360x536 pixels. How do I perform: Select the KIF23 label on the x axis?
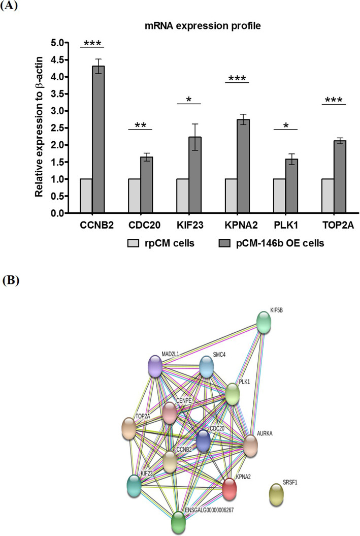click(x=188, y=224)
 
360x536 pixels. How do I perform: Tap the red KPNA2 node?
click(x=229, y=489)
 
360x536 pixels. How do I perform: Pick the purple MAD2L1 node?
click(x=154, y=366)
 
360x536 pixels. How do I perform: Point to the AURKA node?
click(x=250, y=446)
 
